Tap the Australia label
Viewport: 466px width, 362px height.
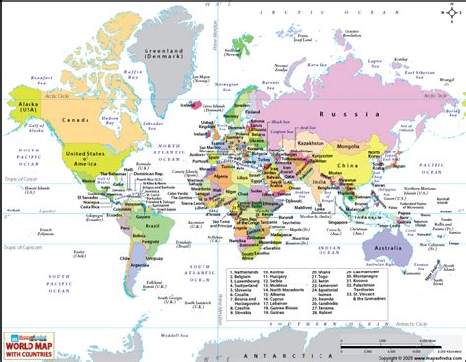pyautogui.click(x=388, y=246)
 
